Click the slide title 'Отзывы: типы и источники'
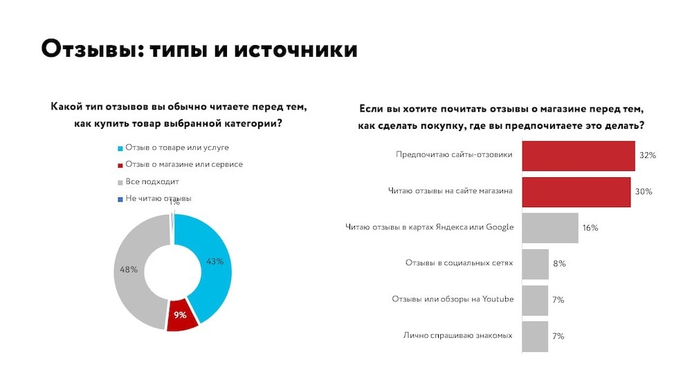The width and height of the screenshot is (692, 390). click(x=199, y=49)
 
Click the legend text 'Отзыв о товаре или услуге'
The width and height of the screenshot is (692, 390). click(x=176, y=148)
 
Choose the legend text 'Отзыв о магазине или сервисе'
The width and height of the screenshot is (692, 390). click(x=184, y=164)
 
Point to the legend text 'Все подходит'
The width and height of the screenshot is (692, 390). click(x=152, y=181)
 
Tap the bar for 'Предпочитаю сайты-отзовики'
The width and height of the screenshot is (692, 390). click(x=578, y=156)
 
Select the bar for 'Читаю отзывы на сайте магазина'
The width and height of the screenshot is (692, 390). click(x=576, y=192)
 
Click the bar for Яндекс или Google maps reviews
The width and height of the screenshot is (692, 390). click(x=549, y=228)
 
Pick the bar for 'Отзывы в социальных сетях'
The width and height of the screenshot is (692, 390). click(x=535, y=264)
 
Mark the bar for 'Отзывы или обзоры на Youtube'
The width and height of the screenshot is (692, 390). click(x=534, y=300)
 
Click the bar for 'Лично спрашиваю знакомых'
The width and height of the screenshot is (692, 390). click(x=534, y=336)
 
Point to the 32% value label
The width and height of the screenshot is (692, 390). click(x=648, y=156)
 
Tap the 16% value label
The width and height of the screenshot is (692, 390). click(x=590, y=228)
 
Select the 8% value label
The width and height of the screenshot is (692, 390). click(x=559, y=264)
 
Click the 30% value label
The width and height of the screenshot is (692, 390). click(x=644, y=192)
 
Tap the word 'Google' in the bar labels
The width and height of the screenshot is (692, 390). click(x=500, y=227)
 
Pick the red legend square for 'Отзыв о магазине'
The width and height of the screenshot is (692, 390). click(x=120, y=165)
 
